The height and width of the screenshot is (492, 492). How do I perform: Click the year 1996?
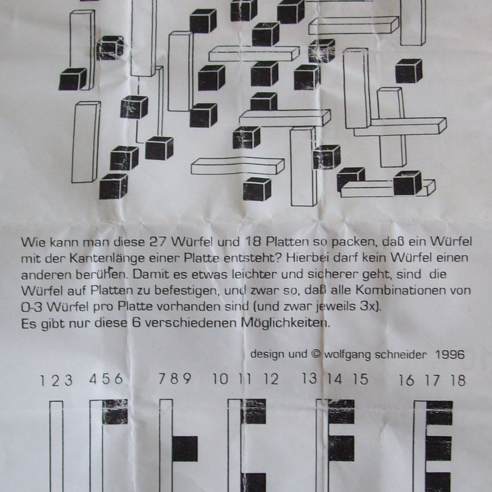tap(450, 355)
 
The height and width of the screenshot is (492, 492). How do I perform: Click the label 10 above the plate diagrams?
tap(220, 380)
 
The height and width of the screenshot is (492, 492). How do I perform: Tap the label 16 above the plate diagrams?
tap(405, 380)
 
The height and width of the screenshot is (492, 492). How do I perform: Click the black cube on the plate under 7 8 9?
tap(184, 449)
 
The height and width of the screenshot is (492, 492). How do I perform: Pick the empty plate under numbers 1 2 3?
tap(57, 446)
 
